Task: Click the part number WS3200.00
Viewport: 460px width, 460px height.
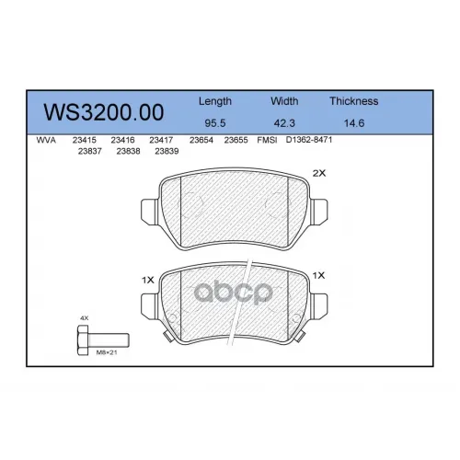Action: (x=104, y=112)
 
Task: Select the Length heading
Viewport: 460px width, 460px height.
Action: (x=215, y=101)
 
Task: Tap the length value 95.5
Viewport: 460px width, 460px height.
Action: (x=215, y=123)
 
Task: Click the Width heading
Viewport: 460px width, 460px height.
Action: (x=284, y=101)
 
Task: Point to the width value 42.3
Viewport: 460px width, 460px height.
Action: (x=284, y=123)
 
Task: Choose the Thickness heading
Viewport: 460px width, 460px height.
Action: (x=354, y=101)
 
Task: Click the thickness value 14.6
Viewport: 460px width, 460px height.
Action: (x=354, y=123)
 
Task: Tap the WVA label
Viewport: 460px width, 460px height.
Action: (x=46, y=141)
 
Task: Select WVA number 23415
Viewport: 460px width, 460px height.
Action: (x=85, y=140)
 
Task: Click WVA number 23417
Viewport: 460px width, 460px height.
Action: (x=161, y=140)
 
